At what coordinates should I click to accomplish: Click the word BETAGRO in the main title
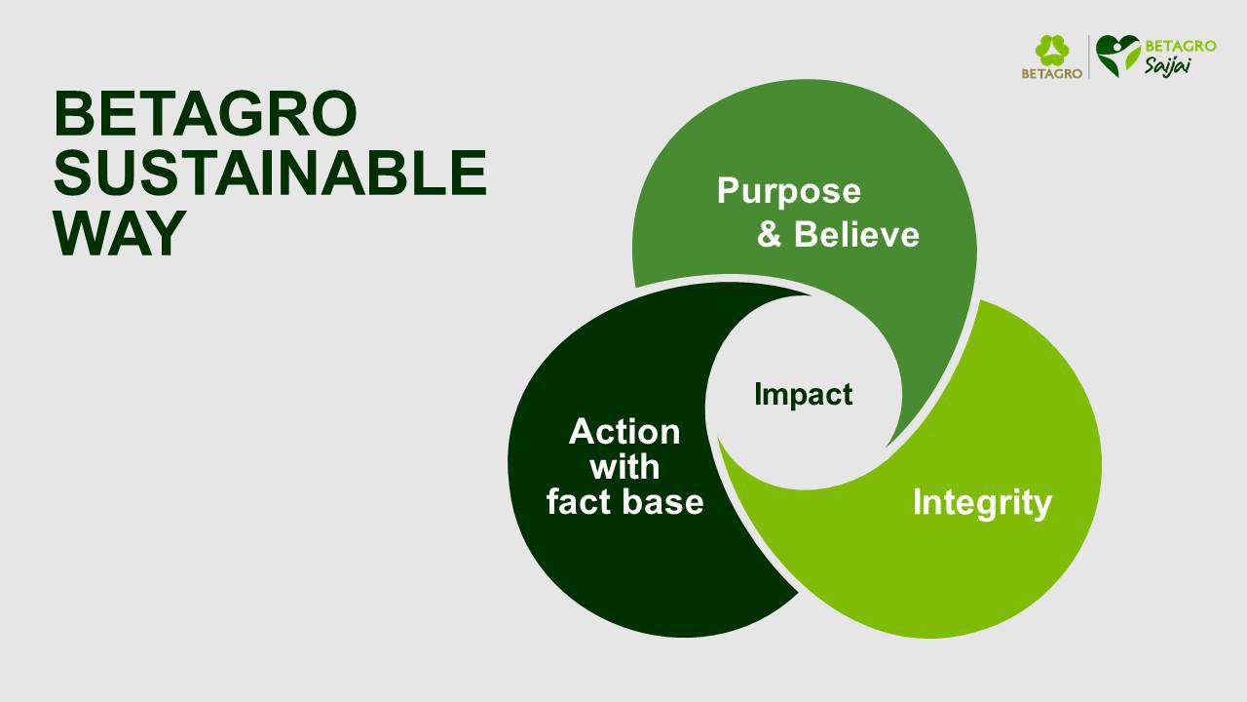tap(206, 114)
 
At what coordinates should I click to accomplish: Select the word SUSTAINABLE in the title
tap(271, 173)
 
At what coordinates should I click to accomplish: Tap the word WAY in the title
tap(120, 232)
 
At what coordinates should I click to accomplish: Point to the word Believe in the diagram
tap(856, 234)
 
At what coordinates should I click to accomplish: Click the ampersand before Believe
tap(770, 234)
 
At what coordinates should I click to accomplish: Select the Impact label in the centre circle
tap(804, 396)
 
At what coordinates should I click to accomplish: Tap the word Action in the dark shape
tap(624, 431)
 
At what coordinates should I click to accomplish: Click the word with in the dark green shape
tap(624, 466)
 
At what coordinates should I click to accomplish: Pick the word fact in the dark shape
tap(580, 501)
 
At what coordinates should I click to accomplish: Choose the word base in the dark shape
tap(663, 501)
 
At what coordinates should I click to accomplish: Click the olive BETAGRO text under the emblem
tap(1051, 73)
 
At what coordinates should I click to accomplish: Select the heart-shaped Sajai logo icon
tap(1117, 56)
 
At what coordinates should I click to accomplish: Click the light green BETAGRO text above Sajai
tap(1181, 46)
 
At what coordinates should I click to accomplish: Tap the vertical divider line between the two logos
tap(1089, 57)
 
